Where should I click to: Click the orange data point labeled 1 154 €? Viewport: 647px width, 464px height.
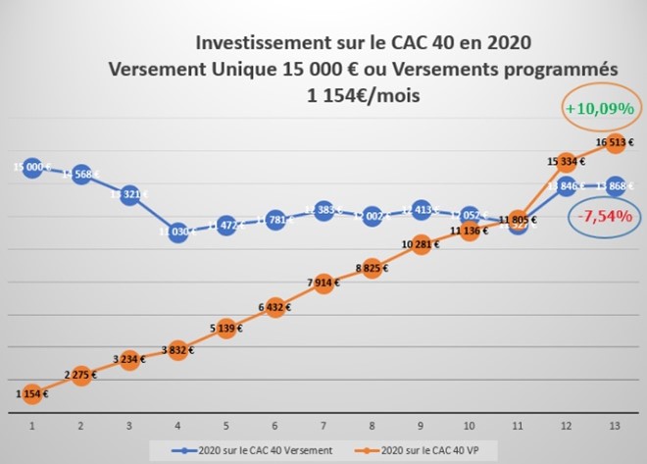pyautogui.click(x=31, y=394)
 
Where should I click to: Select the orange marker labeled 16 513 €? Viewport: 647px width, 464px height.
pyautogui.click(x=616, y=143)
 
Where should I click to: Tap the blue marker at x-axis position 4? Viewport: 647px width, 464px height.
pyautogui.click(x=177, y=232)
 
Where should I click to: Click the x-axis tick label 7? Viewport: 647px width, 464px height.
pyautogui.click(x=323, y=428)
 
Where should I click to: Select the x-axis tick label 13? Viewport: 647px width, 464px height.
pyautogui.click(x=616, y=428)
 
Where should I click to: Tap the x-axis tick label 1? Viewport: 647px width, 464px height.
pyautogui.click(x=31, y=428)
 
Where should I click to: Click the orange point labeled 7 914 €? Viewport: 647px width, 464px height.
pyautogui.click(x=323, y=284)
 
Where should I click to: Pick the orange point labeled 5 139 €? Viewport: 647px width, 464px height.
pyautogui.click(x=226, y=328)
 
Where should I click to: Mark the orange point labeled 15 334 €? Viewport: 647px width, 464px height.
pyautogui.click(x=567, y=162)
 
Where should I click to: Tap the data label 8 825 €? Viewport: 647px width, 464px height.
pyautogui.click(x=373, y=265)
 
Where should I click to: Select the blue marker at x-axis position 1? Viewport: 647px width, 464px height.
pyautogui.click(x=31, y=167)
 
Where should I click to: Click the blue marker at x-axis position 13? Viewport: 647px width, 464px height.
pyautogui.click(x=616, y=186)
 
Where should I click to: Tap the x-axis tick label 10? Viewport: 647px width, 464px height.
pyautogui.click(x=470, y=428)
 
